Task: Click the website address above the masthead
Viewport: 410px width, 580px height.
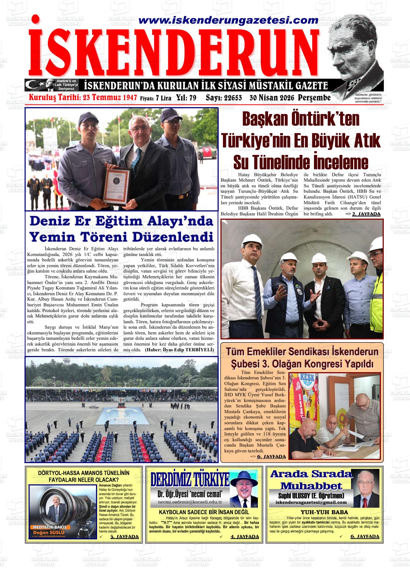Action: (225, 20)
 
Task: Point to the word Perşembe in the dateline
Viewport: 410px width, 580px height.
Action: (314, 98)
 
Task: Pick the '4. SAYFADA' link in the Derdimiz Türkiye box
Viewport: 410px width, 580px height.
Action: (245, 537)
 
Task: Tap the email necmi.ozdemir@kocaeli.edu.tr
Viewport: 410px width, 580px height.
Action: (190, 502)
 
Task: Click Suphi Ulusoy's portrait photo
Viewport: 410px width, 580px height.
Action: (365, 488)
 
